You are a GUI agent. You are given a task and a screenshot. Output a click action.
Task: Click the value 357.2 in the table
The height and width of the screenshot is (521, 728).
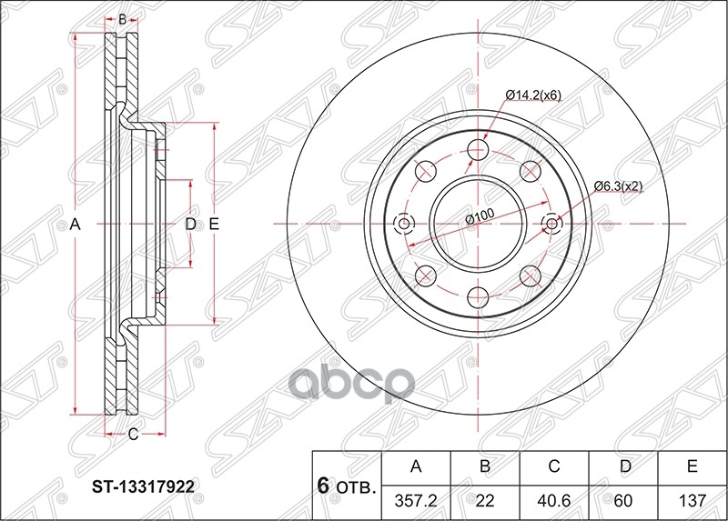417,500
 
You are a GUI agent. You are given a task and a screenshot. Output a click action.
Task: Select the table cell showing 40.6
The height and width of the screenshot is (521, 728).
554,500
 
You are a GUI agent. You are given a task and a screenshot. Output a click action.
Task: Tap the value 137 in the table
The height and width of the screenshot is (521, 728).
693,500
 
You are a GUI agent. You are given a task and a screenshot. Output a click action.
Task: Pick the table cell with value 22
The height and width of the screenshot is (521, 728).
485,500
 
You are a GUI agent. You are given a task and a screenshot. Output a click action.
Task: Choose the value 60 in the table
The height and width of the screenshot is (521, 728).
623,500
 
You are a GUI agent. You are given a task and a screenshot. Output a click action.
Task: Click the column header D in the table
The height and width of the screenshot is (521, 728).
623,467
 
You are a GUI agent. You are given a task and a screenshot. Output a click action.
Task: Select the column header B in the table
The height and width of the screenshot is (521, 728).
485,467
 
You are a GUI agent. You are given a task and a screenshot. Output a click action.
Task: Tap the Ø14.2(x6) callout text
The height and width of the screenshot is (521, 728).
535,95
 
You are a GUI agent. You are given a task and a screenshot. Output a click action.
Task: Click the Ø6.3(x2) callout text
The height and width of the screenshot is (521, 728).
619,186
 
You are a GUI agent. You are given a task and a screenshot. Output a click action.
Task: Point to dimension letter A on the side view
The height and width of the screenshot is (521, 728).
76,224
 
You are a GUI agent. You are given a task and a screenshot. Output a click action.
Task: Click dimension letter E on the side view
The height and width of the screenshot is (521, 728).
214,224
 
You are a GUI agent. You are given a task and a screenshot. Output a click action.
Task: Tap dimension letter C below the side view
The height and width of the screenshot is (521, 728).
133,435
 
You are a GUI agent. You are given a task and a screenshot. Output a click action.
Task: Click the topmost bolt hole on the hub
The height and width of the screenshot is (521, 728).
479,151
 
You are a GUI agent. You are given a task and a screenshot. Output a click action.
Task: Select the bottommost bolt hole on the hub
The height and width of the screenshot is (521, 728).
479,296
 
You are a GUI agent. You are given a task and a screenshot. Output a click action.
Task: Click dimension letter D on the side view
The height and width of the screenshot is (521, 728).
190,224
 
